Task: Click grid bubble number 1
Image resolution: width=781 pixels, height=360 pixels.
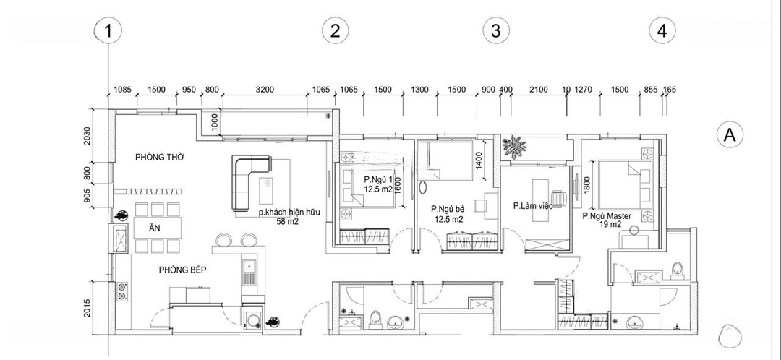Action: (x=108, y=31)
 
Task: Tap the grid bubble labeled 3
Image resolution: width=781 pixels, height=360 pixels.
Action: (x=495, y=31)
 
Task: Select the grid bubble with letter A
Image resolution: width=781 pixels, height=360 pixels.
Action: (x=730, y=135)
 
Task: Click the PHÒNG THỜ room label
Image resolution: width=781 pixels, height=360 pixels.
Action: (x=160, y=158)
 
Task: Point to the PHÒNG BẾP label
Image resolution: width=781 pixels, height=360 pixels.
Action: (x=183, y=270)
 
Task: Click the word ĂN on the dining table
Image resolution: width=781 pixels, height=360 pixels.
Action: (x=155, y=228)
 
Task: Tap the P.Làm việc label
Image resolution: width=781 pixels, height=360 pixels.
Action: (x=534, y=205)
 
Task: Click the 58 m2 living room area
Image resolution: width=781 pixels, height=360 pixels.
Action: (x=287, y=222)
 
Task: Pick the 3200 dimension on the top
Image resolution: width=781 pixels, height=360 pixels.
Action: (x=265, y=90)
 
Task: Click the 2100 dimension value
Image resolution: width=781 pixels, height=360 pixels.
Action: (x=539, y=90)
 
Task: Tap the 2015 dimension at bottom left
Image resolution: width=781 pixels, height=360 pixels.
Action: (x=88, y=309)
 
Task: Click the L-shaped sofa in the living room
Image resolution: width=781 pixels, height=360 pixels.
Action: (x=249, y=181)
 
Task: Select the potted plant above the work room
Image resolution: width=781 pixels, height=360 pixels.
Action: (x=515, y=147)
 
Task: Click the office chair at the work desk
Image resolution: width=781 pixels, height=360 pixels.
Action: (x=559, y=198)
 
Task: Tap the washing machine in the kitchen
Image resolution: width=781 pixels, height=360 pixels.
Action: (x=252, y=319)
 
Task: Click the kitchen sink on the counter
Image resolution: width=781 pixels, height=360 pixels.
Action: (x=249, y=272)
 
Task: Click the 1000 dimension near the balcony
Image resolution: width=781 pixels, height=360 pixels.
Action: (x=214, y=123)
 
